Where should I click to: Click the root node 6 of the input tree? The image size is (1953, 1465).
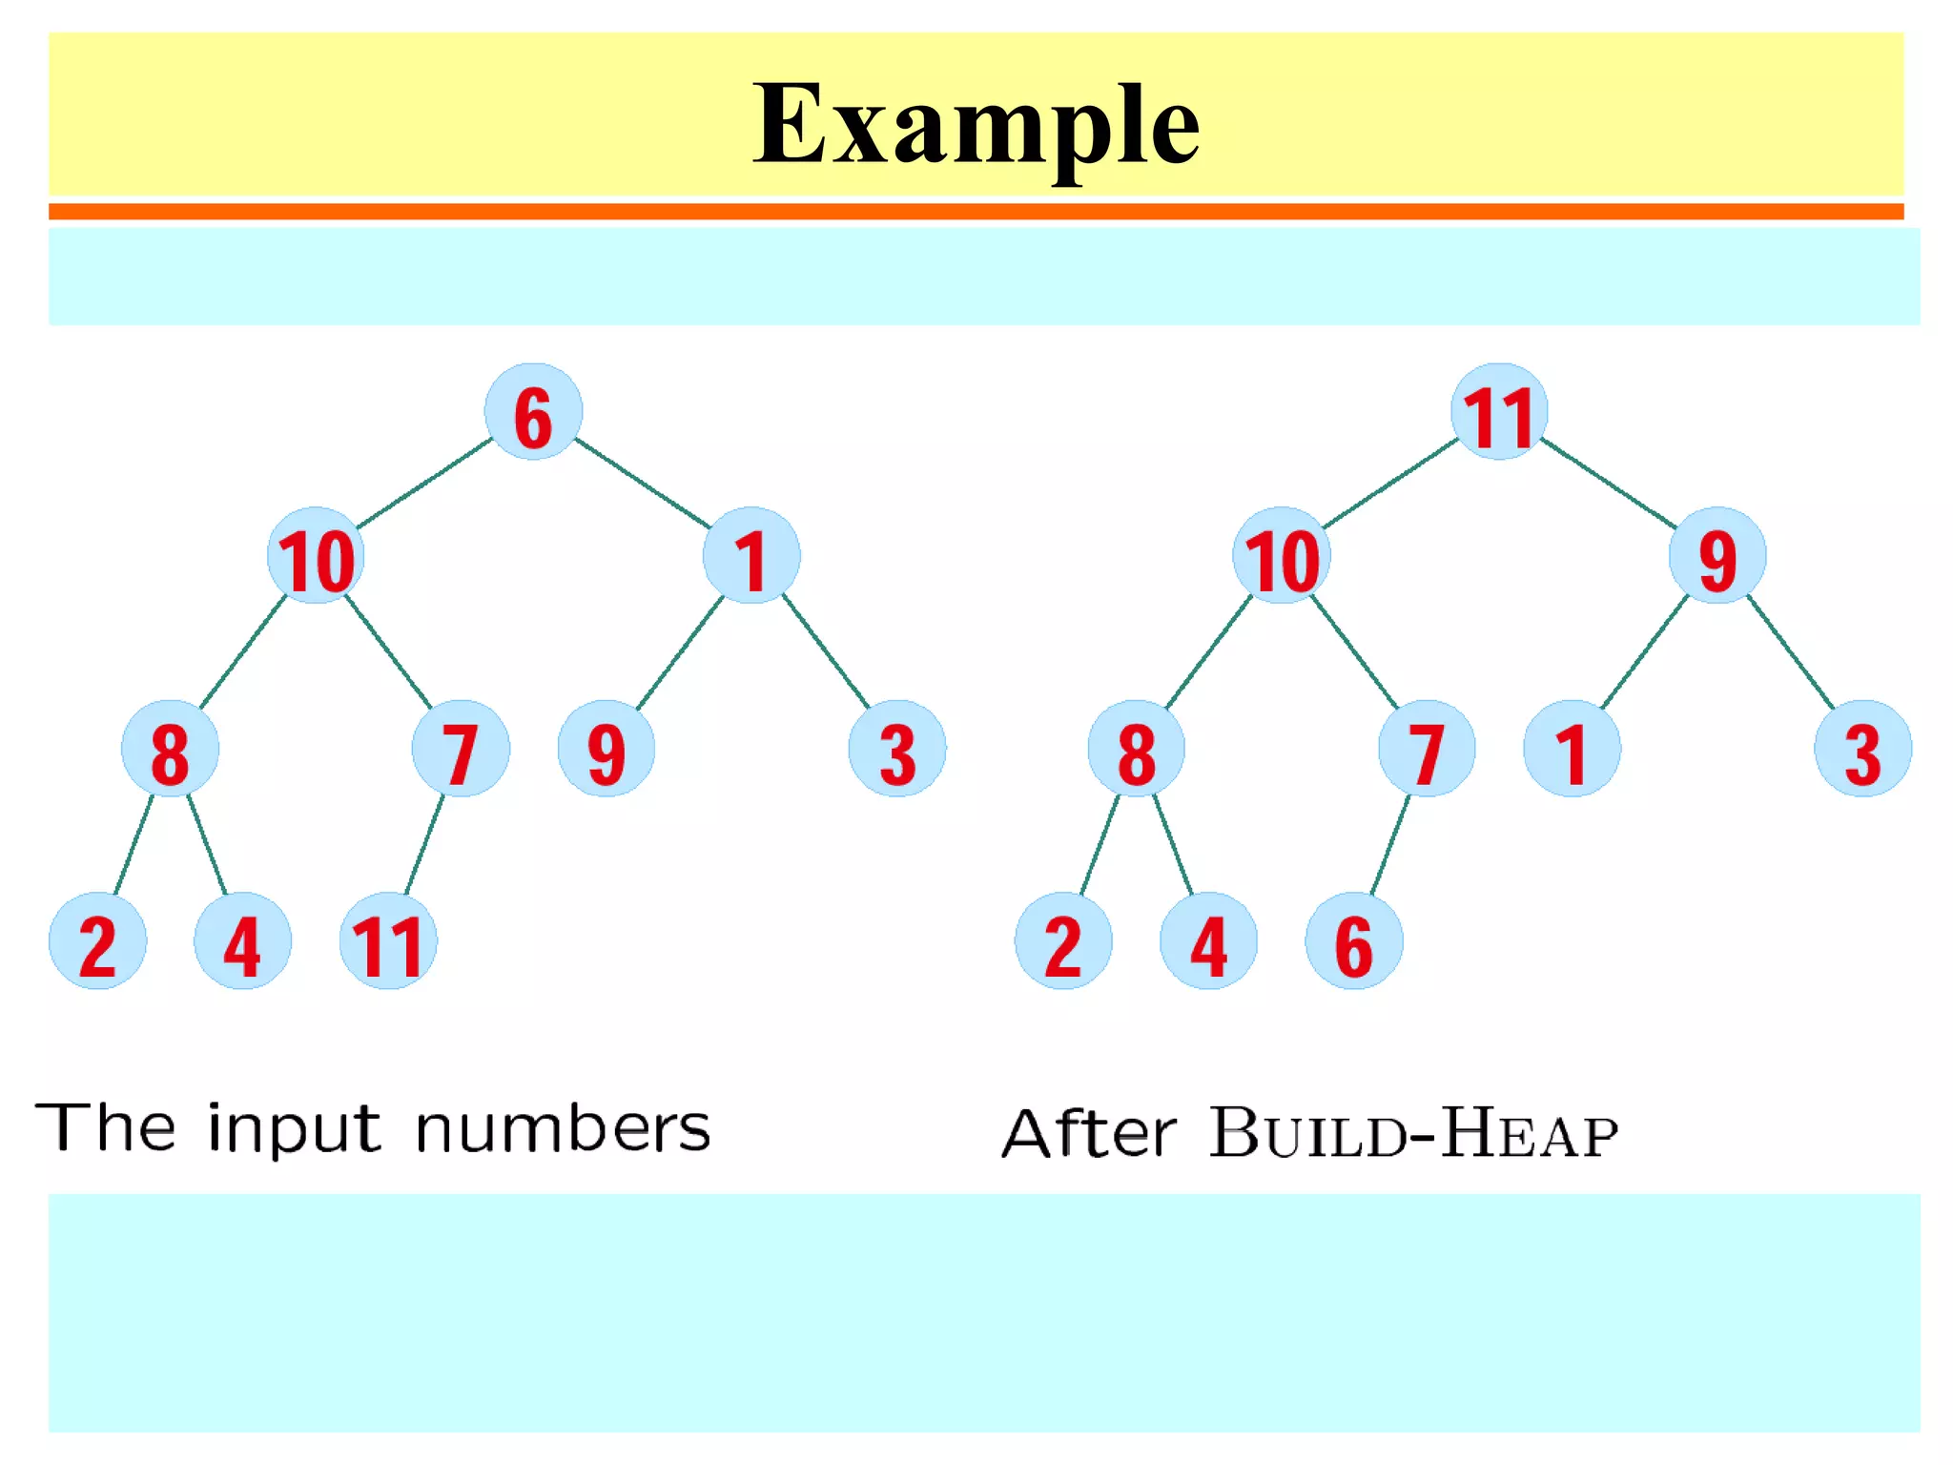[533, 412]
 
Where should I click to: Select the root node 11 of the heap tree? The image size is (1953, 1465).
[1498, 412]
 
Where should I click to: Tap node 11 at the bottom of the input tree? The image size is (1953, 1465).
[388, 941]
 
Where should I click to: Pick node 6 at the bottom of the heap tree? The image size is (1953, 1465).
[1353, 941]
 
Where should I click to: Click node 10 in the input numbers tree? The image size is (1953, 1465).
[316, 556]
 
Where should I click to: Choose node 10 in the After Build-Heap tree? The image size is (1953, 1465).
[1281, 556]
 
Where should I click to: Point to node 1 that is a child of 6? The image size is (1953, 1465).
[751, 556]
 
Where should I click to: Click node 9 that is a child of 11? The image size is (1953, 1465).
[1717, 556]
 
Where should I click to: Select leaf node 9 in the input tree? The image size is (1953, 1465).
[606, 749]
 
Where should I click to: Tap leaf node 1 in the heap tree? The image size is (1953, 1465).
[1572, 749]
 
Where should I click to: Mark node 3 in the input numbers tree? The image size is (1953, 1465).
[896, 749]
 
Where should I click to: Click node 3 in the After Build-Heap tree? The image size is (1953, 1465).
[1862, 749]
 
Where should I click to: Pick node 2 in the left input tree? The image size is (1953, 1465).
[97, 941]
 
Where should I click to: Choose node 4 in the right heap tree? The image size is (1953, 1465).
[1208, 941]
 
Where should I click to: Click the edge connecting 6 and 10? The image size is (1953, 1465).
[424, 484]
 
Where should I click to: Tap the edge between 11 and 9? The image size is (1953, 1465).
[1608, 483]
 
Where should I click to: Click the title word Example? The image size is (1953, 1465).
[976, 124]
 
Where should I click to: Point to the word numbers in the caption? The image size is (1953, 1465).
[563, 1128]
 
